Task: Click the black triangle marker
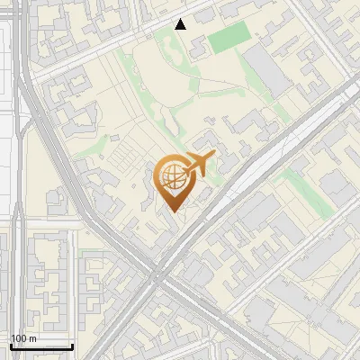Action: point(181,24)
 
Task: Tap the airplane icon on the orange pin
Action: point(198,165)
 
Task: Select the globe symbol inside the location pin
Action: point(172,176)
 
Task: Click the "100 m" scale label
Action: point(23,337)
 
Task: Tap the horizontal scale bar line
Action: point(41,346)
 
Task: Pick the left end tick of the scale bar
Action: point(11,345)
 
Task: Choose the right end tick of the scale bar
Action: point(72,345)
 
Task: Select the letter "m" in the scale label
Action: point(32,337)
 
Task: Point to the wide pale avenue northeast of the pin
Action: point(270,153)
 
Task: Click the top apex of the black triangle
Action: point(181,19)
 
